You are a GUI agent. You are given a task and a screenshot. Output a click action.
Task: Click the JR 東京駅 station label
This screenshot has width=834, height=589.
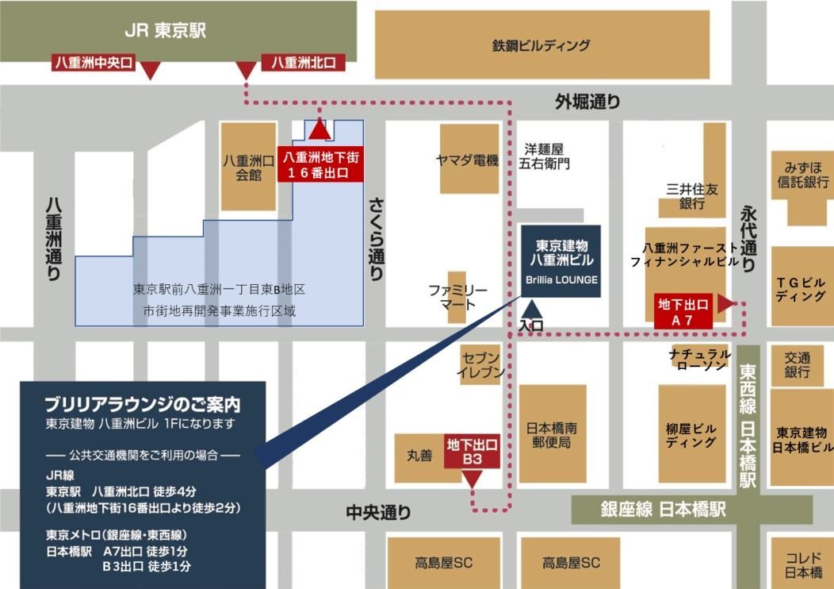[165, 30]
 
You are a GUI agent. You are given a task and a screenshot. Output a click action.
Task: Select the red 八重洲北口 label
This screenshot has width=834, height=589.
[304, 62]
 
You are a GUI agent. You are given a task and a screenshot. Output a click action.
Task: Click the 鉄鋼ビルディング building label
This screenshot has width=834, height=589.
[541, 45]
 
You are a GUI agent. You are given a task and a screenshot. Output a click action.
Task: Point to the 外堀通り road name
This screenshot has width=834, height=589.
[587, 101]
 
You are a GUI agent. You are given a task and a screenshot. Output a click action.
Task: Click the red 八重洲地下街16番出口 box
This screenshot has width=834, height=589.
[319, 166]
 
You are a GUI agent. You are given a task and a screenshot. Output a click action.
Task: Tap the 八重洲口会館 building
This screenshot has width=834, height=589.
[248, 167]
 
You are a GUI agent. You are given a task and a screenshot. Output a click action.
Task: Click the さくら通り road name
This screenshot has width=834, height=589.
[376, 237]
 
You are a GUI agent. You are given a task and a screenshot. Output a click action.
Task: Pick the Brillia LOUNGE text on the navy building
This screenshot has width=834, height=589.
[560, 279]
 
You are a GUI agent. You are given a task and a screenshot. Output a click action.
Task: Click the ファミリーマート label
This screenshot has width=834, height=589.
[457, 297]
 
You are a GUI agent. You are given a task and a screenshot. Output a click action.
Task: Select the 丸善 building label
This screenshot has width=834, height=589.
[419, 456]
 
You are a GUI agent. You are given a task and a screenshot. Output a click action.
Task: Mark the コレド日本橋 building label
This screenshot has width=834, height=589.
[803, 564]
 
